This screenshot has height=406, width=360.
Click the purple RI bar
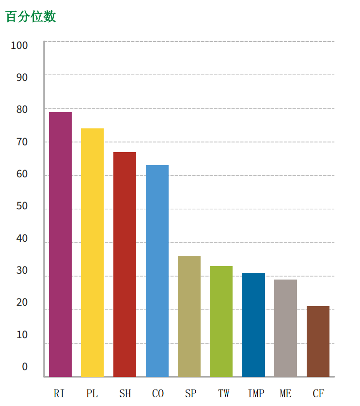coord(60,244)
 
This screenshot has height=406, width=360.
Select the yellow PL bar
coord(92,252)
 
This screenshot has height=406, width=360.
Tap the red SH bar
coord(125,264)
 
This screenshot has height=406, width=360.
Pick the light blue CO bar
coord(157,271)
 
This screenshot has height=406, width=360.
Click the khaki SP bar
coord(189,316)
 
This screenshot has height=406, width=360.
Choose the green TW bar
coord(221,321)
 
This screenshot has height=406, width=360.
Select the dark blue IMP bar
coord(253,325)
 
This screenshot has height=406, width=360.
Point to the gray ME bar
coord(285,328)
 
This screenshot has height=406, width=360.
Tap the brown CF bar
coord(318,341)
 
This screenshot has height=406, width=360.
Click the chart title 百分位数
coord(31,16)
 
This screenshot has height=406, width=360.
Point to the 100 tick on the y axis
coord(19,46)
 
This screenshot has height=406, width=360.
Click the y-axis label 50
coord(22,206)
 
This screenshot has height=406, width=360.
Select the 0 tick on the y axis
coord(25,367)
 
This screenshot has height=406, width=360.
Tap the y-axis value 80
coord(22,109)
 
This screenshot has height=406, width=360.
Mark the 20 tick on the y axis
coord(22,303)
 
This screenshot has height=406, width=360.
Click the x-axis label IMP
coord(256,393)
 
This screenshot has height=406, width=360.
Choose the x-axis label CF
coord(318,393)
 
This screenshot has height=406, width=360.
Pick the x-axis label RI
coord(59,393)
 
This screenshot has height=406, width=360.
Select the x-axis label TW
coord(223,393)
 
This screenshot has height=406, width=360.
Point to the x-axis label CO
coord(158,393)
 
